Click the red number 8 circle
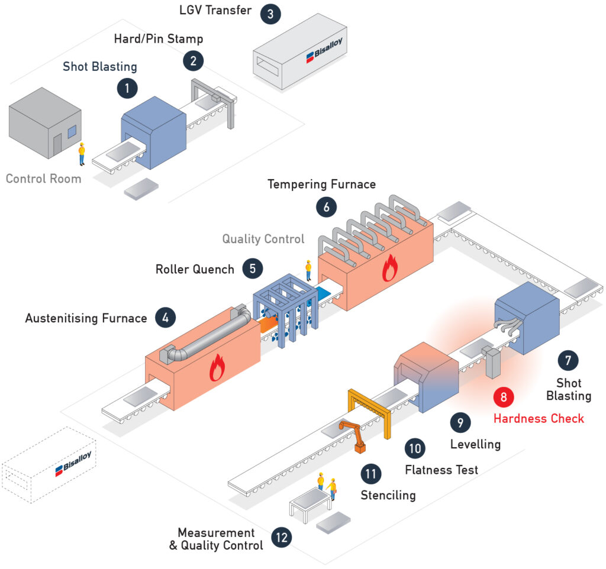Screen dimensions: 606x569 504,397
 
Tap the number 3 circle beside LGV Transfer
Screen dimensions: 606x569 270,14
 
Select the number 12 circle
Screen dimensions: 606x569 282,537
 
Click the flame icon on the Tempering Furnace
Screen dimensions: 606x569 389,268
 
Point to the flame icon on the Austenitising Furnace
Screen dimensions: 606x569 217,367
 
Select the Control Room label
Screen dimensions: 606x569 44,179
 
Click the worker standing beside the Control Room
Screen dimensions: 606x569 82,154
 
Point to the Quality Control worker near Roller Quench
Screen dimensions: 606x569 308,270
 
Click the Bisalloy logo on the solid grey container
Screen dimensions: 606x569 325,50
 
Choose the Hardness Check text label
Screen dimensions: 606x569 539,418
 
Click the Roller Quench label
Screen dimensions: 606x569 195,269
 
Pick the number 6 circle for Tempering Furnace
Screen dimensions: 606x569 327,207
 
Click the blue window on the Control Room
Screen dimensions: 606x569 72,132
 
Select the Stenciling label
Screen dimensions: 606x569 388,495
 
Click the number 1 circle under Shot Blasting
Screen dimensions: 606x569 127,89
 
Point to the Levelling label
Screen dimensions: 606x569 475,444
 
